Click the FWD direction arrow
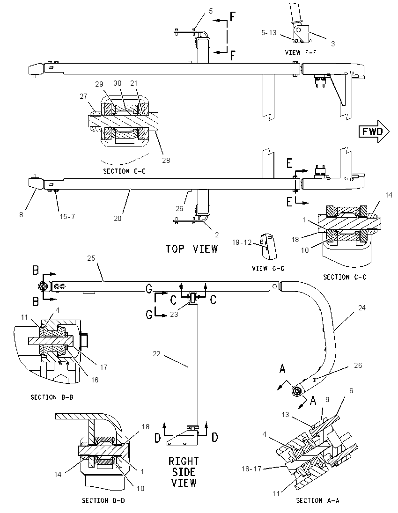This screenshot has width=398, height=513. (x=374, y=132)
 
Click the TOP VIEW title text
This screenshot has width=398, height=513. (x=192, y=249)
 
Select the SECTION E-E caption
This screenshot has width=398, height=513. (x=125, y=171)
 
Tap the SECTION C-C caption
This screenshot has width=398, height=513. (x=345, y=277)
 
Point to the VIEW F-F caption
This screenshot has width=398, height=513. (x=301, y=52)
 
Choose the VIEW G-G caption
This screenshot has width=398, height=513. (x=268, y=268)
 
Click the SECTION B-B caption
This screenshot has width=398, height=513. (x=52, y=397)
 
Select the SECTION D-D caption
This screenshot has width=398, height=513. (x=103, y=500)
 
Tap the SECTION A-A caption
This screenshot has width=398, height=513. (x=317, y=500)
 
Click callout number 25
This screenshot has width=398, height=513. (x=91, y=258)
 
